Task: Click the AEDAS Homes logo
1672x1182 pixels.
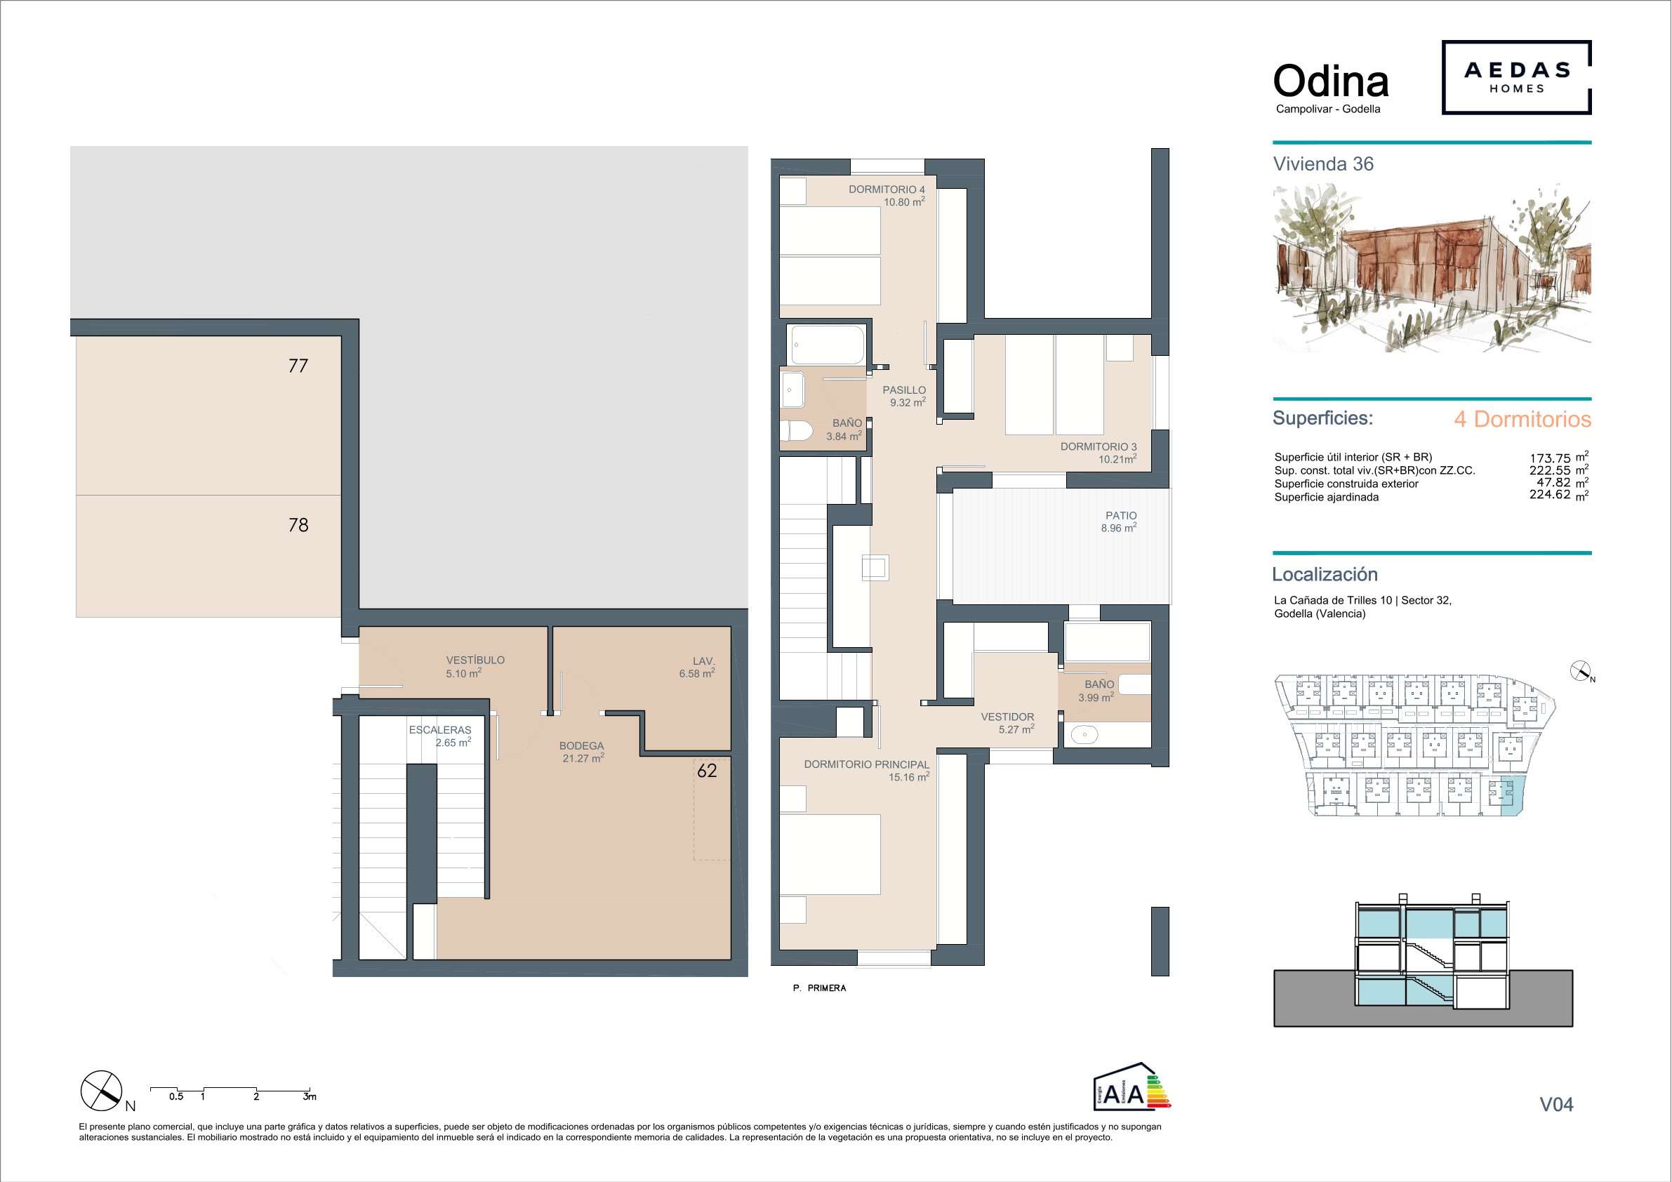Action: click(1516, 77)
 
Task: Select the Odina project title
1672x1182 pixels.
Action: click(1330, 81)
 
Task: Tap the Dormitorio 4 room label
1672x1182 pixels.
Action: click(887, 190)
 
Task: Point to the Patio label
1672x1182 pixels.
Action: click(1121, 516)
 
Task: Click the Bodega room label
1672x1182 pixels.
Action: click(581, 745)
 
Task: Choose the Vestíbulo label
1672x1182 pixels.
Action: click(475, 660)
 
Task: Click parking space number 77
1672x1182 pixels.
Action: click(298, 366)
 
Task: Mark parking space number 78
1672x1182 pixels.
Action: click(298, 525)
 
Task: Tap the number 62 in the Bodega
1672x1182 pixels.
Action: click(707, 771)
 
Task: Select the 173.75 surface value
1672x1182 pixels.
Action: click(1551, 458)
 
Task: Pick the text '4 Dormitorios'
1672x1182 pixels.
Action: click(1522, 420)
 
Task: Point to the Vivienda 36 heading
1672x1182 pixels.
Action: click(1323, 164)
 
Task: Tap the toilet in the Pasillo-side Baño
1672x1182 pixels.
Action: click(796, 431)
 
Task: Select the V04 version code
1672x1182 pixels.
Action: click(1556, 1104)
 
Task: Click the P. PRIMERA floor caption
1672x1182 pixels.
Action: click(820, 988)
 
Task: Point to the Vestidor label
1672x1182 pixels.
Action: click(1007, 717)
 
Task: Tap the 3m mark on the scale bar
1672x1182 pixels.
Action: click(310, 1096)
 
